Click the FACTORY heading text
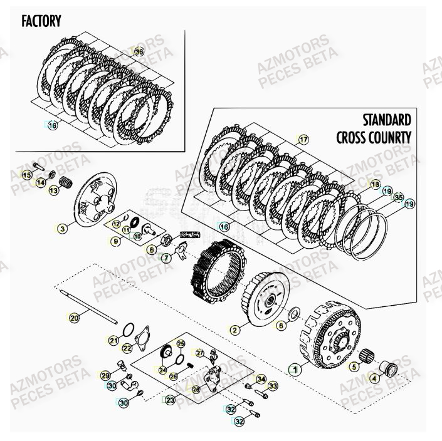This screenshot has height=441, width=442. (x=41, y=21)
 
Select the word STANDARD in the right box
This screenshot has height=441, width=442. (x=387, y=120)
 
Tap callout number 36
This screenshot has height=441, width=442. (x=139, y=53)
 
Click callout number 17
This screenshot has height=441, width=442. (x=303, y=139)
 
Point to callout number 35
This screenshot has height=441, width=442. (x=398, y=197)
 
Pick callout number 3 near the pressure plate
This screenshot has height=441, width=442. (x=61, y=229)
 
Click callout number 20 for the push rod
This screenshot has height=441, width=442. (x=74, y=318)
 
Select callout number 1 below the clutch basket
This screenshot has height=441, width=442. (x=293, y=370)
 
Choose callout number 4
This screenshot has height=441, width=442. (x=374, y=378)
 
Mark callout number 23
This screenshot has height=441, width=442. (x=171, y=400)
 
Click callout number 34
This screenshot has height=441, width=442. (x=261, y=379)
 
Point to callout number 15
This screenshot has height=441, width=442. (x=26, y=175)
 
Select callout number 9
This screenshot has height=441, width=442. (x=116, y=241)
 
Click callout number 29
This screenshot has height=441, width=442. (x=105, y=375)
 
